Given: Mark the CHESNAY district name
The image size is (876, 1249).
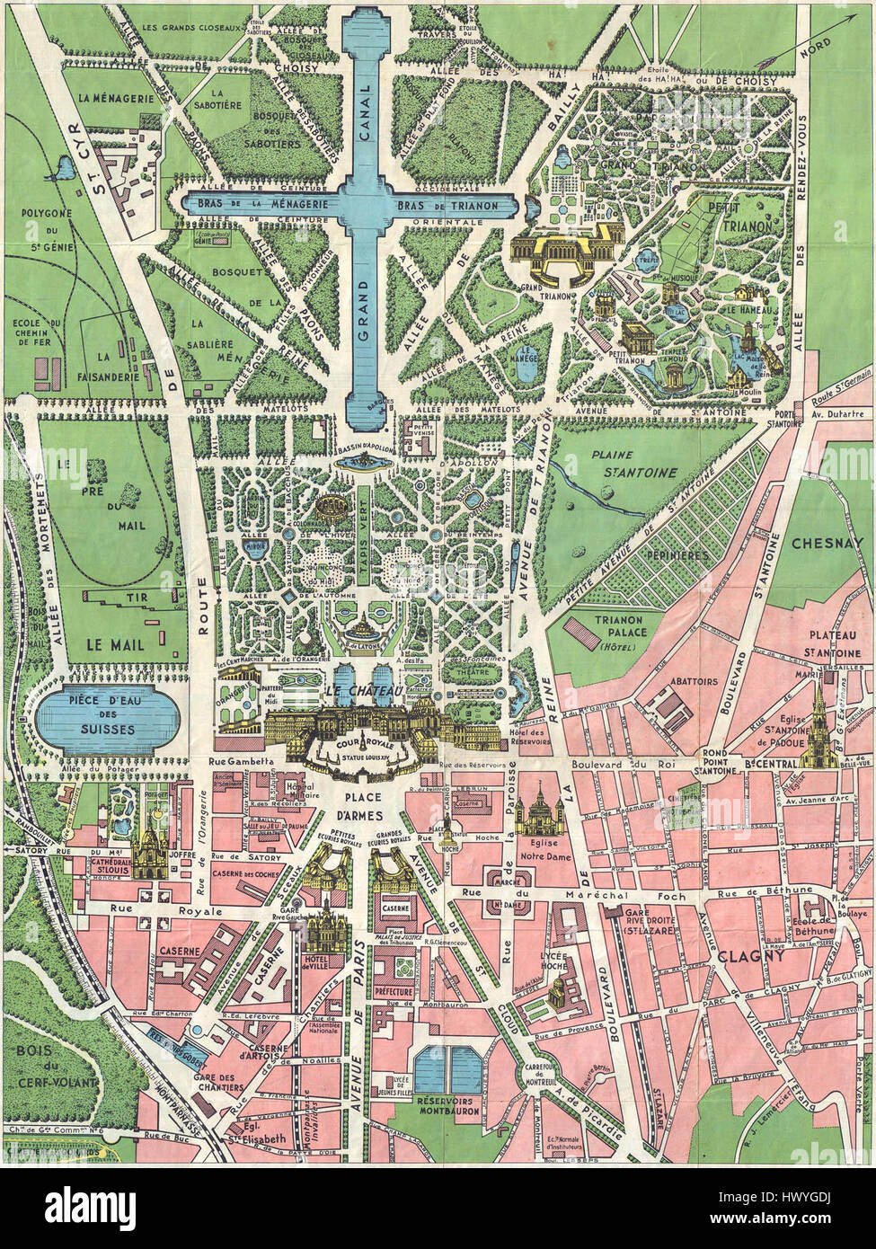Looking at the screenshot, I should coord(827,543).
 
